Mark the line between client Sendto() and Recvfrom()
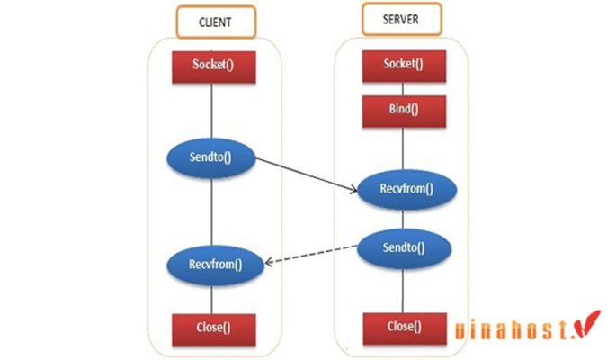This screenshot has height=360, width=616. [x=211, y=211]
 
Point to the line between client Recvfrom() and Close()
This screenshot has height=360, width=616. [x=211, y=297]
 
